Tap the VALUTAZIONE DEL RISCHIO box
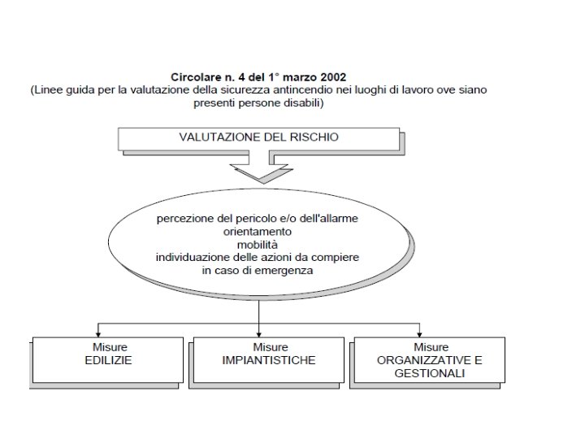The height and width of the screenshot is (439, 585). pyautogui.click(x=258, y=138)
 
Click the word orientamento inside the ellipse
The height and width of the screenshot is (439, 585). pyautogui.click(x=258, y=232)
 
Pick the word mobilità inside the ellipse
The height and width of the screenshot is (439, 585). pyautogui.click(x=258, y=244)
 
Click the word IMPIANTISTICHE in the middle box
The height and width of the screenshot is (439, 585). pyautogui.click(x=269, y=359)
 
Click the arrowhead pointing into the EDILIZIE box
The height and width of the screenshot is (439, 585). pyautogui.click(x=98, y=333)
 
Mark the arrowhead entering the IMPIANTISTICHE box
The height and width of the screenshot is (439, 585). pyautogui.click(x=259, y=333)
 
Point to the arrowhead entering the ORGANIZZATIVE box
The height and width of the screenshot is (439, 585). pyautogui.click(x=420, y=333)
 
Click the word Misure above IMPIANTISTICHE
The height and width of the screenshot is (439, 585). pyautogui.click(x=269, y=347)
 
